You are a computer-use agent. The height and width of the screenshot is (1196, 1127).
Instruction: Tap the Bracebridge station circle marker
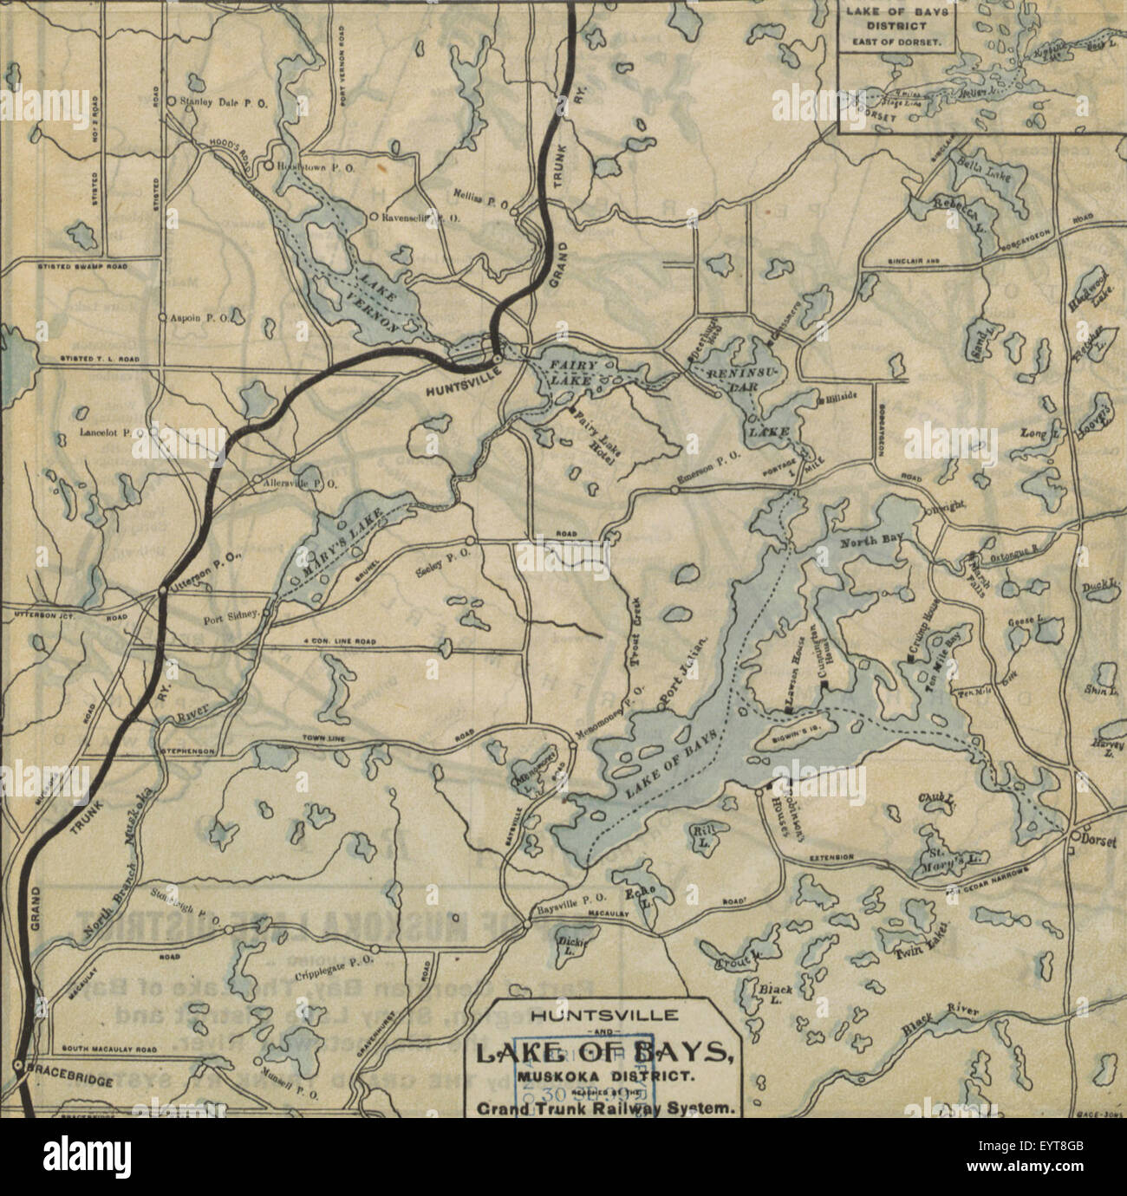pos(17,1064)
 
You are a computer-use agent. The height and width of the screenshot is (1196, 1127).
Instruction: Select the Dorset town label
pos(1095,838)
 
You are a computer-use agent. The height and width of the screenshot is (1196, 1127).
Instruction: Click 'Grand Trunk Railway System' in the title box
pos(605,1108)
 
